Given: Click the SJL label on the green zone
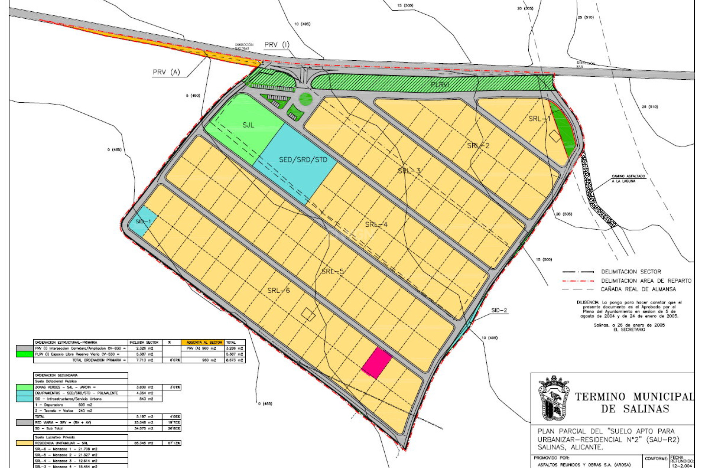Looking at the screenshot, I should point(248,125).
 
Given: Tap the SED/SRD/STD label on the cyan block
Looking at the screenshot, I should point(303,160).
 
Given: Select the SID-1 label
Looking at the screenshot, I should point(143,222).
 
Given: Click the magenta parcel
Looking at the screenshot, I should point(377,363).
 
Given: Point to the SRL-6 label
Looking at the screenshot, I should point(278,291).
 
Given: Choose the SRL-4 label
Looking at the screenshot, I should point(376,224).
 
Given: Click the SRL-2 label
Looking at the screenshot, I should point(478,146).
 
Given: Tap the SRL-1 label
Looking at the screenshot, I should point(539,119).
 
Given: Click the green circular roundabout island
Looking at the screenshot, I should point(306,99).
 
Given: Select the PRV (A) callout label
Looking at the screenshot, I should point(166,72).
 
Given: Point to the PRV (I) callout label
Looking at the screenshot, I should point(277,45).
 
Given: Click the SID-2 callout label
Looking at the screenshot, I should point(499,310).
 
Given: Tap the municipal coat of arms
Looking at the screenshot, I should point(554,398).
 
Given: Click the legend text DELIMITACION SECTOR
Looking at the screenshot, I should point(631,272).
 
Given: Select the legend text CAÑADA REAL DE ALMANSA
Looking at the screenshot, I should point(638,289).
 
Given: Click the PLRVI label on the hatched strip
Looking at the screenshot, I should point(439,84).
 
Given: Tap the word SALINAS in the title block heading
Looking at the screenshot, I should point(646,409).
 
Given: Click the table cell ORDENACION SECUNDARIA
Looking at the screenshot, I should point(56,375).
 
